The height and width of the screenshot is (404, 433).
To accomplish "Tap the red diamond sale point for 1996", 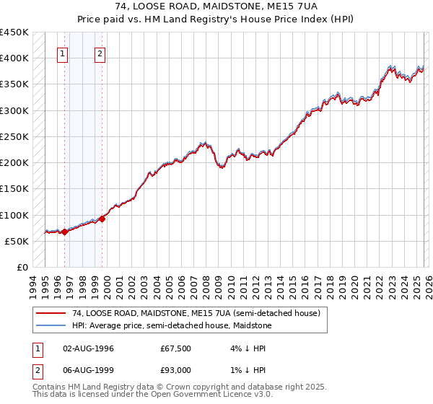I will (x=64, y=232).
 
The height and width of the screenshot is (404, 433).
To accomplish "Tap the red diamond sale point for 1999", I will (x=102, y=219).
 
